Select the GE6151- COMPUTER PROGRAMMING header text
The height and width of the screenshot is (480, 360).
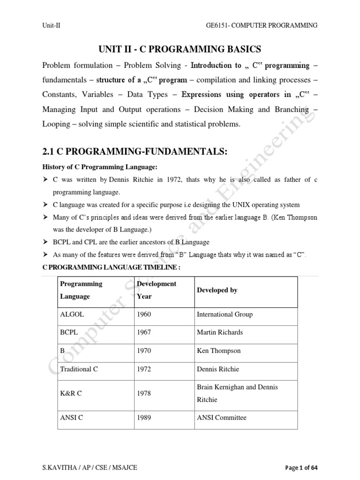[x=261, y=25]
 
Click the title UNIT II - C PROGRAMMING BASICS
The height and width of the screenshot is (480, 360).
[x=180, y=49]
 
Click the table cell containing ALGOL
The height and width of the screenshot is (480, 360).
[x=72, y=315]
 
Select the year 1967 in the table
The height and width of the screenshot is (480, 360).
[x=144, y=332]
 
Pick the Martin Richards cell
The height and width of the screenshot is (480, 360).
[x=220, y=332]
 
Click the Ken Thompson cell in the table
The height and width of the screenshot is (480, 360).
[x=218, y=351]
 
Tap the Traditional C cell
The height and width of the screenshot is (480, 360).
[x=79, y=369]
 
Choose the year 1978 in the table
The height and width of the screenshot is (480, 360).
[x=144, y=393]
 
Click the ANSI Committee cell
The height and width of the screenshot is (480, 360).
[x=221, y=417]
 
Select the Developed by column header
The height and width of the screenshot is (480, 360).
[x=217, y=290]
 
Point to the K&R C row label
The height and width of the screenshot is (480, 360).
[x=71, y=393]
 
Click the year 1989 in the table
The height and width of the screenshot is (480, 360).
[x=144, y=417]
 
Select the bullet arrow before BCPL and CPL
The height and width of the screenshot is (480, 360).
[x=45, y=242]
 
